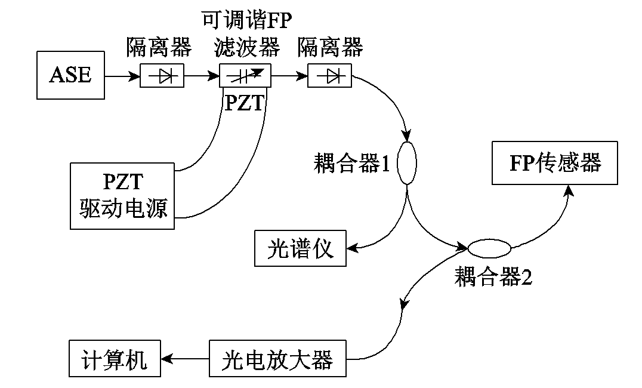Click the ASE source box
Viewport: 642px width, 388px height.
tap(70, 75)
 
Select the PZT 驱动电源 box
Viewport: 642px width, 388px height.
tap(124, 196)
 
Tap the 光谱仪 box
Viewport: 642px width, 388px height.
tap(301, 248)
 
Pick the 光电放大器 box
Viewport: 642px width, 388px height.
tap(277, 360)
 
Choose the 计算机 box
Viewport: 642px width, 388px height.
tap(115, 360)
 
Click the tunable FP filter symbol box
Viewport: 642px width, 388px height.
tap(245, 76)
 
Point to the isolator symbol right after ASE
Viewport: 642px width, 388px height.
tap(162, 76)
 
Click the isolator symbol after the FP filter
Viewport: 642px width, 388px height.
tap(329, 76)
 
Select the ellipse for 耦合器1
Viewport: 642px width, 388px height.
tap(407, 162)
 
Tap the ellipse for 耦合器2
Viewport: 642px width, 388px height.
tap(489, 247)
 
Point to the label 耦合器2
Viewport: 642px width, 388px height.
tap(493, 276)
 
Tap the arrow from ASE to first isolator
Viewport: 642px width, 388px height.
tap(123, 76)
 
